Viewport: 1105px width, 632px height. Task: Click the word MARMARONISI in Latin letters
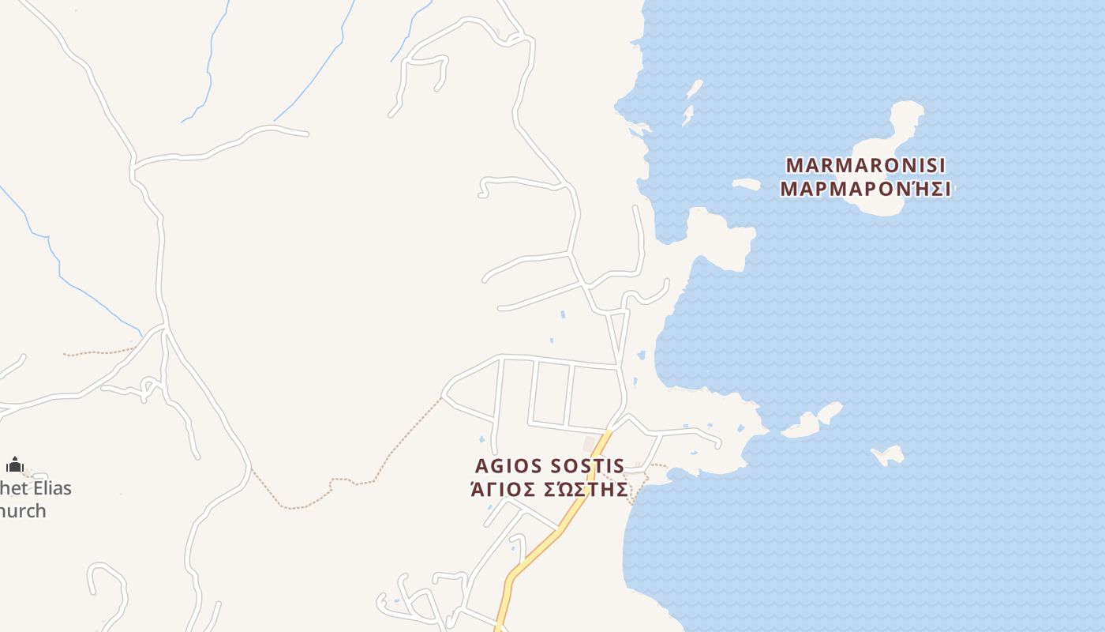[x=866, y=166]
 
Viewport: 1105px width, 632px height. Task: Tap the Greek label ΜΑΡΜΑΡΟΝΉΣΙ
[x=866, y=189]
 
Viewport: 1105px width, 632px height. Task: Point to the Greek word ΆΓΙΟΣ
[x=503, y=489]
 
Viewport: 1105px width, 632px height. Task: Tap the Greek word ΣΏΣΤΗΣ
[x=587, y=489]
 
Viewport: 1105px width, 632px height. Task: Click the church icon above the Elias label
[x=15, y=465]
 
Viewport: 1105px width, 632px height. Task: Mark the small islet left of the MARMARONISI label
[x=745, y=184]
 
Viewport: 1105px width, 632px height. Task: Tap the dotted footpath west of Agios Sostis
[x=379, y=466]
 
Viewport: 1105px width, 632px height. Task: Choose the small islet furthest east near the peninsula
[x=889, y=455]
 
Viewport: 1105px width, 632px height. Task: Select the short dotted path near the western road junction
[x=99, y=352]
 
